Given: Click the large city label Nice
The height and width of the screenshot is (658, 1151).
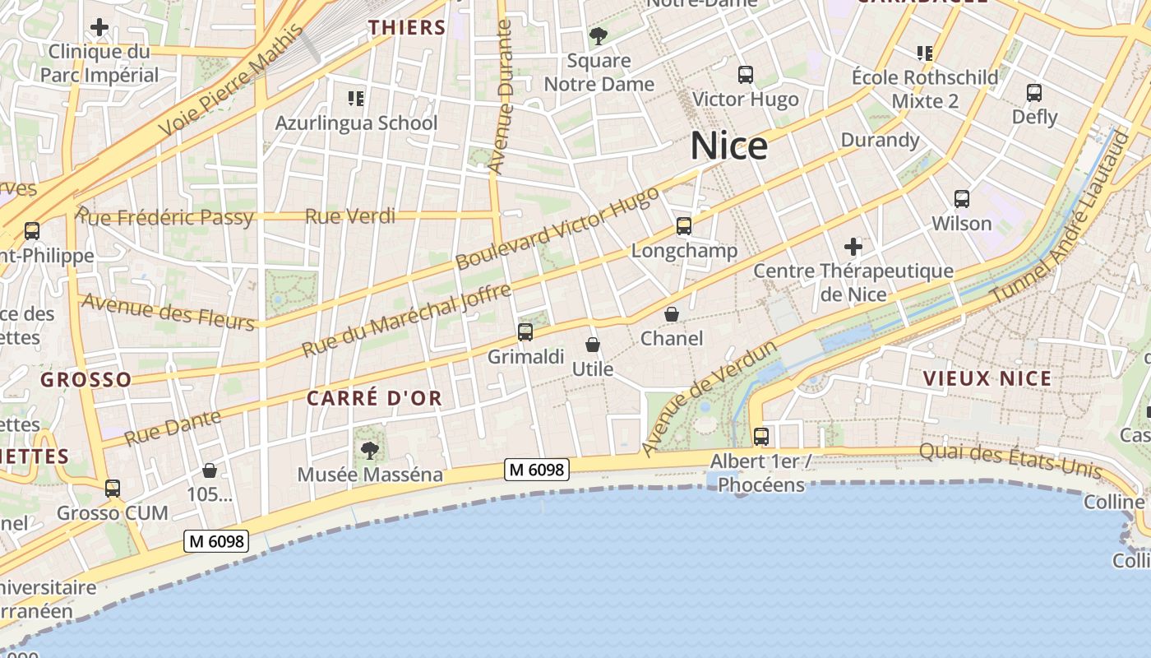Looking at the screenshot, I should click(x=729, y=146).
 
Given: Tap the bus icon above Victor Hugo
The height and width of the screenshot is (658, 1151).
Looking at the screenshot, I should click(x=746, y=75).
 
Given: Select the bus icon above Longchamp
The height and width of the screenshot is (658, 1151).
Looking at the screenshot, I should click(x=684, y=225).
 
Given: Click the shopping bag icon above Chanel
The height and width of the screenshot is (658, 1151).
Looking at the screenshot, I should click(x=672, y=314).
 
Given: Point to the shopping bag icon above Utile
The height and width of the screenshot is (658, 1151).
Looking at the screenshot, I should click(x=592, y=345).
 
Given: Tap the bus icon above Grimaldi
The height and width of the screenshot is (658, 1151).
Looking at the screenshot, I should click(x=525, y=332).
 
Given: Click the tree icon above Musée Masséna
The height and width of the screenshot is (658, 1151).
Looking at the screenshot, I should click(x=370, y=450).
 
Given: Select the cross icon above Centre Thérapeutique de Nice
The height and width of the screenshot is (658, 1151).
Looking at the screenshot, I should click(x=853, y=246).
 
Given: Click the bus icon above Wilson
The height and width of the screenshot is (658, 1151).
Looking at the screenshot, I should click(x=962, y=198).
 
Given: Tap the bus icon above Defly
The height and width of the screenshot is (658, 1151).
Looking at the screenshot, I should click(x=1034, y=93).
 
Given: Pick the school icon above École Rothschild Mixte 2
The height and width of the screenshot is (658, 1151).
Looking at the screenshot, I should click(x=925, y=53).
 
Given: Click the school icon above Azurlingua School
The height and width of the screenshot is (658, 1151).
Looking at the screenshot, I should click(x=356, y=99).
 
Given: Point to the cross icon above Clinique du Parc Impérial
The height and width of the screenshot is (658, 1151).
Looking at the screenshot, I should click(x=99, y=27).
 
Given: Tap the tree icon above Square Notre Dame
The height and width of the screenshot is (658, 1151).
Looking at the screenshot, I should click(x=599, y=36).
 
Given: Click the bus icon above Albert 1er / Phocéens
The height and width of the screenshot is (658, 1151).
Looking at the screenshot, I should click(x=761, y=436).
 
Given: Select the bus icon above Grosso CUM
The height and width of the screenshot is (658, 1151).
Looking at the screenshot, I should click(x=113, y=489).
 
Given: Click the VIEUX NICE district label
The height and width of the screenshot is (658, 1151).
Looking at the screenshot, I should click(x=987, y=378).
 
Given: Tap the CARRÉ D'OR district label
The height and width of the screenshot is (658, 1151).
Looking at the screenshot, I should click(x=374, y=398).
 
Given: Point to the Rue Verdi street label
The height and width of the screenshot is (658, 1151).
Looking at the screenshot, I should click(x=350, y=216).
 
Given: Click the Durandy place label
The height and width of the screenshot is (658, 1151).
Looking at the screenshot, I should click(x=880, y=140).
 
